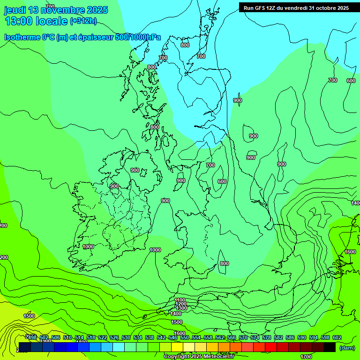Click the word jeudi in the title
(x=15, y=10)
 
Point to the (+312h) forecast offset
(x=83, y=21)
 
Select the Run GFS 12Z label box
(x=296, y=8)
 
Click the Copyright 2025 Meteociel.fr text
(x=199, y=357)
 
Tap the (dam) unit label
(x=347, y=347)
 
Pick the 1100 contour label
(x=180, y=300)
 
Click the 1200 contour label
(x=181, y=304)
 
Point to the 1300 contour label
(x=181, y=308)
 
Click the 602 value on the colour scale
(x=337, y=338)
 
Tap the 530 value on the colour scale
(x=126, y=338)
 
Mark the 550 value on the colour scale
(x=184, y=338)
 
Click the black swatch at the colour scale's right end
(x=330, y=347)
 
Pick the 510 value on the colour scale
(x=67, y=338)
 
